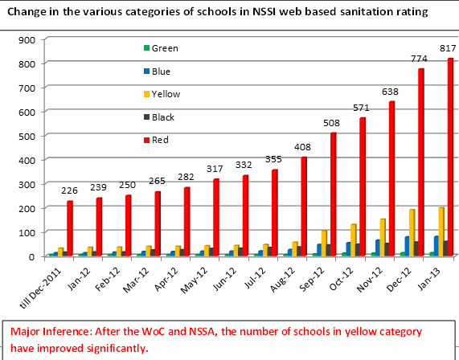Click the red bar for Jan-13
(450, 157)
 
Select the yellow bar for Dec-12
(412, 233)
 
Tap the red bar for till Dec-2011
(70, 228)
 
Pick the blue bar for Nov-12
(378, 248)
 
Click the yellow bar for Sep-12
(324, 243)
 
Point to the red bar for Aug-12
(304, 207)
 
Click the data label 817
(448, 48)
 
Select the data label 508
(331, 123)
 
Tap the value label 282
(186, 177)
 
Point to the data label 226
(69, 190)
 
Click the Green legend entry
(161, 48)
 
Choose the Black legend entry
(159, 117)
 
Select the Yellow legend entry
(162, 94)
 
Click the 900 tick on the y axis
(27, 40)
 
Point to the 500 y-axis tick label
(27, 136)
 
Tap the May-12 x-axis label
(194, 280)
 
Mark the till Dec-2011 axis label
(40, 288)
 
